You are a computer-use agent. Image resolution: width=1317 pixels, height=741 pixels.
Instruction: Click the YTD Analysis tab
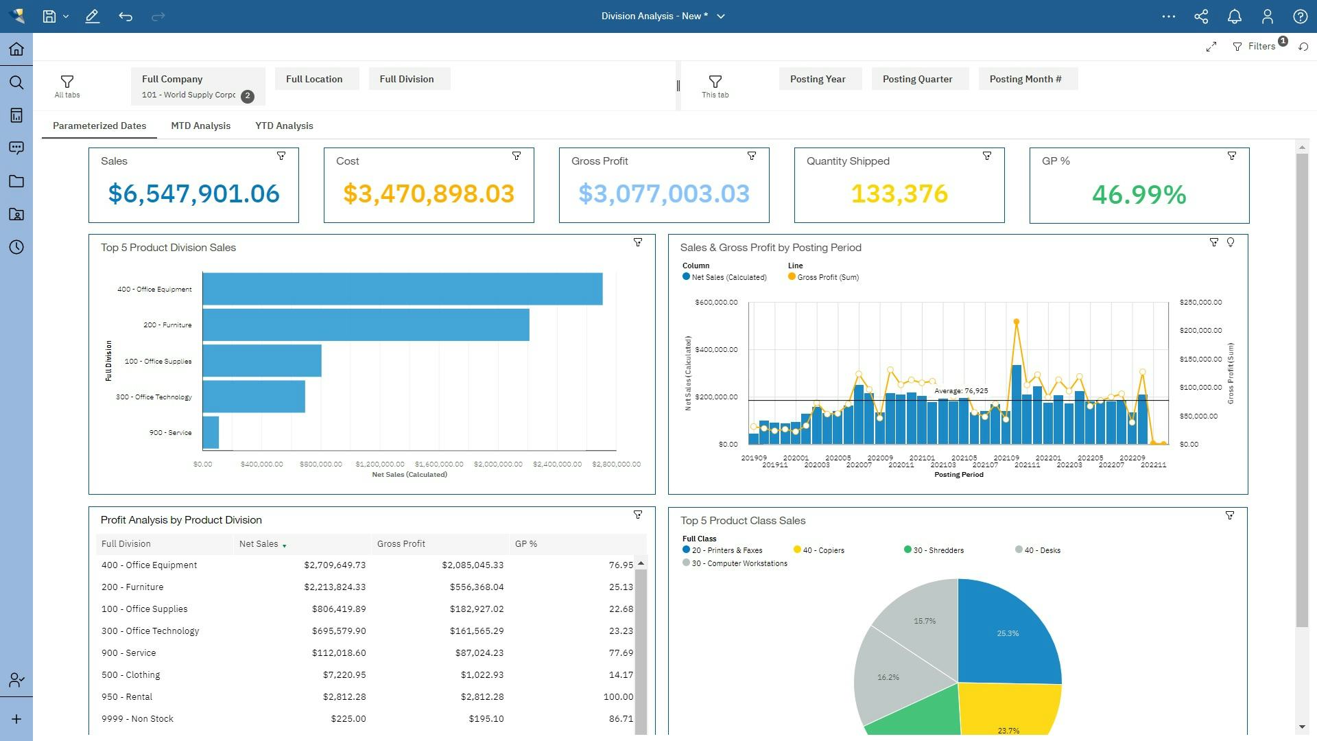284,126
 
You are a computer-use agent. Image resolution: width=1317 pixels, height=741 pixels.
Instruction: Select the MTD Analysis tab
200,126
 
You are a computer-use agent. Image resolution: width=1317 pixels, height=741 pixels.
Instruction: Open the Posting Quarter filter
917,79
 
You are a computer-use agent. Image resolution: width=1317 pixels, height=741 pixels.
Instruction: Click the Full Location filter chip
314,79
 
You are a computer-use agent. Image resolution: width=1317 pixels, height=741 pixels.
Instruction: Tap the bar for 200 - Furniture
366,325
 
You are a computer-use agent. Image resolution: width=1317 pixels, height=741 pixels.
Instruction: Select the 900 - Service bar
211,433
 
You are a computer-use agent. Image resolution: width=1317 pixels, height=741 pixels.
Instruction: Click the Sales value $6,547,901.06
193,193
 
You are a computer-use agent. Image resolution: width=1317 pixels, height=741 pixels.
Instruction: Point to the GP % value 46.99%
1139,195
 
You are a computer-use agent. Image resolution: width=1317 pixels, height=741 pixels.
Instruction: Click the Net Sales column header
259,544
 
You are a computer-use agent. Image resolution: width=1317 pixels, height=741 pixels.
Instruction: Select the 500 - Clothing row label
130,674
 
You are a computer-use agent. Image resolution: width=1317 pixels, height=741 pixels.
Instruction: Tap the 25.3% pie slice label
1007,633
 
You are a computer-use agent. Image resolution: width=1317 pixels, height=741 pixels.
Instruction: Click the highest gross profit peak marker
1016,321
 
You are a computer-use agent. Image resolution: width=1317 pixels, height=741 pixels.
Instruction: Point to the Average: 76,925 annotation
960,391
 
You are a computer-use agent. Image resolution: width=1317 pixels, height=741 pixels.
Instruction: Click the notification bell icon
1234,16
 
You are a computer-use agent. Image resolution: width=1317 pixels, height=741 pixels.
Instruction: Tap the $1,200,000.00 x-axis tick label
380,464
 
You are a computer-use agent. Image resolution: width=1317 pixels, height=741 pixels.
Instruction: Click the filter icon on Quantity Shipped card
986,156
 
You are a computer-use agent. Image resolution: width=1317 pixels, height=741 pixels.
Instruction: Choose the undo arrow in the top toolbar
126,16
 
